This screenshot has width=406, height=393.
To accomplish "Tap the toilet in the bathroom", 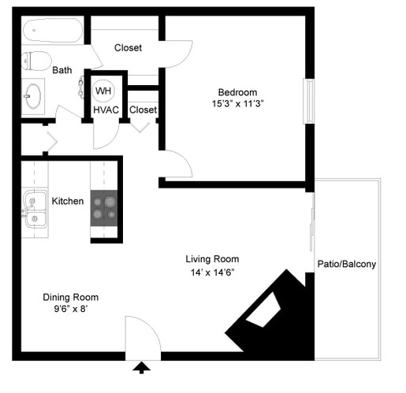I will pos(35,61).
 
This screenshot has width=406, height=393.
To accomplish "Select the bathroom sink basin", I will pos(32,97).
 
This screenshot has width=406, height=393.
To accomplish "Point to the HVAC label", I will pos(106,110).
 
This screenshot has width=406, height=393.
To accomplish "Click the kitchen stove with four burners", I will pos(104,207).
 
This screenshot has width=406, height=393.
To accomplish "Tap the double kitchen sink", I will pos(33,209).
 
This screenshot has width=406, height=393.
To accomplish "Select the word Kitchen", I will pos(68,202).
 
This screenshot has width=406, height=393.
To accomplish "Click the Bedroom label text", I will pos(237,92).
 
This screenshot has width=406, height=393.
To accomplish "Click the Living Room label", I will pos(212,259).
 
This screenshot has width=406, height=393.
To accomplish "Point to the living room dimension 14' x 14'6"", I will pos(212,273).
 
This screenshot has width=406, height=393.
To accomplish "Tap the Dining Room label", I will pos(70,297).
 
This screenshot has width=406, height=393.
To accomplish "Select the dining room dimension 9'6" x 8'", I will pos(70,310).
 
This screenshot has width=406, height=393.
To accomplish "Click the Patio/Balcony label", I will pos(346,265).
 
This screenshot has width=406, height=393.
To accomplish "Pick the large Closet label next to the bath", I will pos(128,48).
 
